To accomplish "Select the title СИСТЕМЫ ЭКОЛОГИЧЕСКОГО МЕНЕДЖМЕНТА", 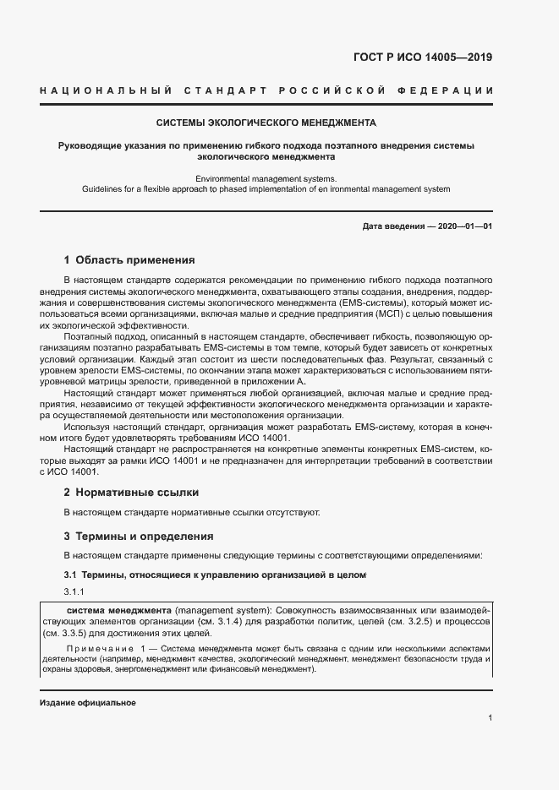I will click(266, 123).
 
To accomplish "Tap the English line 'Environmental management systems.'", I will click(266, 178).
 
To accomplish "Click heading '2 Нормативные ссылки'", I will click(131, 492).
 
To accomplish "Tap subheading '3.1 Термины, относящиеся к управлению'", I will click(215, 575).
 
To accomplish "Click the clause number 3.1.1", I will click(74, 591).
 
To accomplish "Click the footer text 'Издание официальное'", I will click(87, 703).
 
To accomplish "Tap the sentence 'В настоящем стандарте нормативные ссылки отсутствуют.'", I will click(192, 512).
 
